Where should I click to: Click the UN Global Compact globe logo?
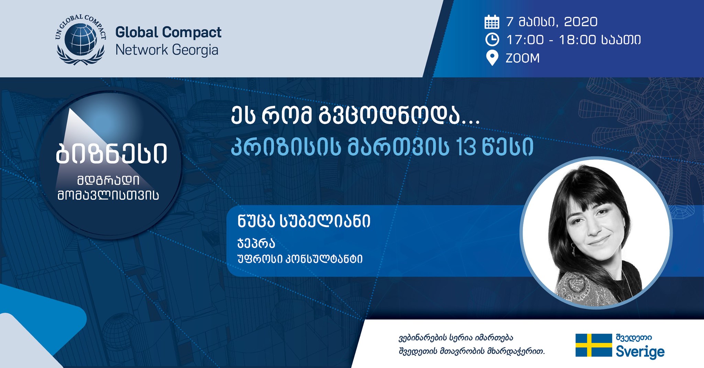(x=80, y=40)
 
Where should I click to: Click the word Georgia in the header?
(x=195, y=50)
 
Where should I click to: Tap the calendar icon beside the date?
(x=492, y=22)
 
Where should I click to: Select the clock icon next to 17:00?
(x=492, y=40)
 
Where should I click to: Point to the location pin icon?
(x=492, y=58)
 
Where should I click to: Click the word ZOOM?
(x=522, y=58)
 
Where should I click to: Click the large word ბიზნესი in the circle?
(x=112, y=153)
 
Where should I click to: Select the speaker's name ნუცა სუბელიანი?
(x=304, y=221)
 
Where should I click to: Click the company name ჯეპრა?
(x=256, y=243)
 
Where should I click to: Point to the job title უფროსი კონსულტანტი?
(x=300, y=259)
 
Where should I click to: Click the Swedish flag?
(x=594, y=345)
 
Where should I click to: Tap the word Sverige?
(x=640, y=352)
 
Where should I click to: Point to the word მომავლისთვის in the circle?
(x=108, y=195)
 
